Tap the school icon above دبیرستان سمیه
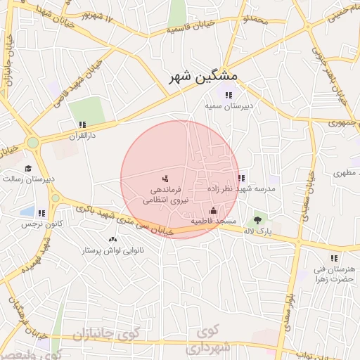click(228, 95)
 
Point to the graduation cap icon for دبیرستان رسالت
click(28, 168)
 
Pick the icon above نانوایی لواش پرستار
click(112, 240)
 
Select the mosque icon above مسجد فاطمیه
click(214, 210)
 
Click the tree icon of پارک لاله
click(257, 221)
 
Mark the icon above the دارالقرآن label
click(82, 124)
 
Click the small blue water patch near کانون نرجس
click(27, 211)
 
